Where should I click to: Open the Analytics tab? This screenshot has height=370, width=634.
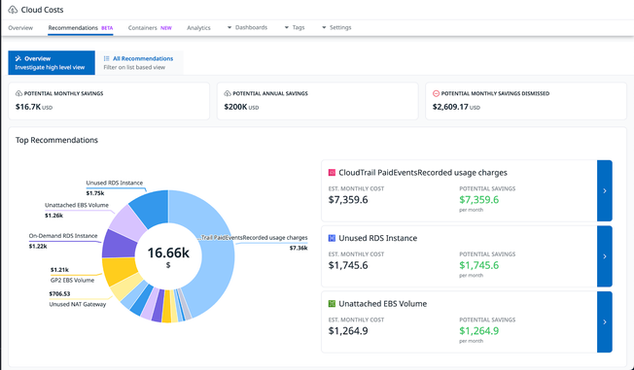tap(198, 28)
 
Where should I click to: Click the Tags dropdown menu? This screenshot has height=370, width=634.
tap(294, 28)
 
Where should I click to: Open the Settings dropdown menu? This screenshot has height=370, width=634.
tap(335, 28)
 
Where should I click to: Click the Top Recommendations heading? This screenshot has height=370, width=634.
tap(56, 140)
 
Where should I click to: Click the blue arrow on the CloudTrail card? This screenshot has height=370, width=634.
tap(604, 191)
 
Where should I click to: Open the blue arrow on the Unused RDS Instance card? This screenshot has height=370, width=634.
tap(604, 256)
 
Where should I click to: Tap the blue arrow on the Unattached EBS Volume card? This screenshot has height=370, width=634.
tap(604, 321)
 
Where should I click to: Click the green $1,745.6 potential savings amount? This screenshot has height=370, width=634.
tap(479, 264)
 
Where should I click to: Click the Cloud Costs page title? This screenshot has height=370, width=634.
tap(42, 10)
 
